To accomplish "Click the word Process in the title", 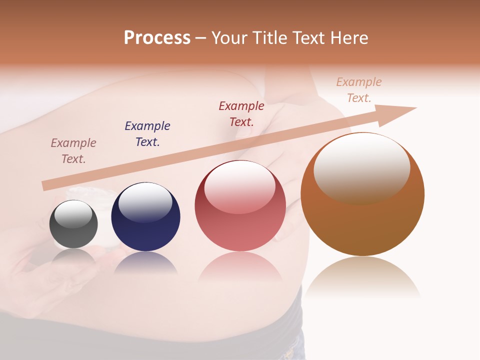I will click(x=157, y=38).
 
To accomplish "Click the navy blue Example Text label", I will click(x=147, y=134).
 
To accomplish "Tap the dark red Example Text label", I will click(x=241, y=113).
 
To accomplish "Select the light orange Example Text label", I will click(x=359, y=90).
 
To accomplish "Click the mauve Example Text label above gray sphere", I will click(x=73, y=151).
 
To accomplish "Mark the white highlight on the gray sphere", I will click(x=73, y=214).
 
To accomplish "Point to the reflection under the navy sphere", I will click(x=145, y=263).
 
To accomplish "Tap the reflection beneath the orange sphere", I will click(x=362, y=277).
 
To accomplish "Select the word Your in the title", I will click(x=229, y=38).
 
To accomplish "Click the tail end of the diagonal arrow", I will click(x=46, y=185).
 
